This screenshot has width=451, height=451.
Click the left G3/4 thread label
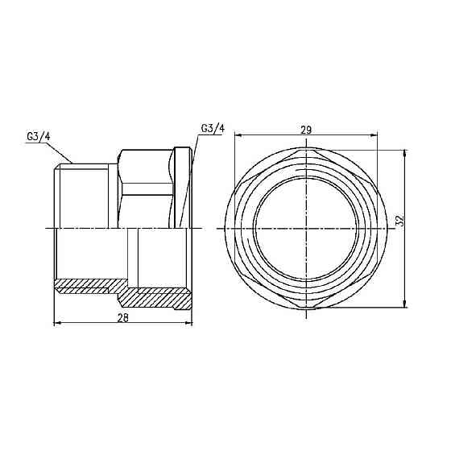tap(38, 136)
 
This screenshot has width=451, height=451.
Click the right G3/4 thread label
tap(213, 128)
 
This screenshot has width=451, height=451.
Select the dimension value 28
tap(123, 318)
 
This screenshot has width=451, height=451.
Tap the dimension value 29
tap(306, 129)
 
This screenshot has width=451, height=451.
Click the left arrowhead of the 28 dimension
tap(57, 324)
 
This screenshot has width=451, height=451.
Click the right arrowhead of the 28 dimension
tap(189, 324)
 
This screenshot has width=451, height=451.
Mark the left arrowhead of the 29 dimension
tap(238, 134)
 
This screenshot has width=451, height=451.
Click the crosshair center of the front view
tap(308, 229)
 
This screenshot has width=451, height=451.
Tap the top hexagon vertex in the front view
tap(308, 151)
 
